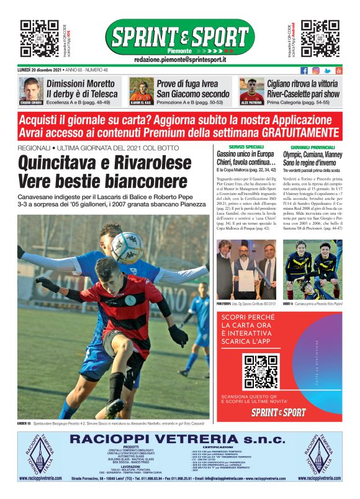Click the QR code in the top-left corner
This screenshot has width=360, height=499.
[40, 38]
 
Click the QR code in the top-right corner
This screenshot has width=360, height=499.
[320, 38]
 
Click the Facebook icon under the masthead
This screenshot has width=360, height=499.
[304, 71]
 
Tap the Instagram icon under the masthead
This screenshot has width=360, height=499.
[316, 71]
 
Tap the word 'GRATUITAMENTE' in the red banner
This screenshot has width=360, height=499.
[300, 133]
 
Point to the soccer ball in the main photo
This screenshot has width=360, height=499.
[127, 246]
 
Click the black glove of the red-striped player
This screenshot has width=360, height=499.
[178, 336]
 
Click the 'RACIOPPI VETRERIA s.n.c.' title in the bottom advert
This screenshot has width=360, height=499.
[180, 439]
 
